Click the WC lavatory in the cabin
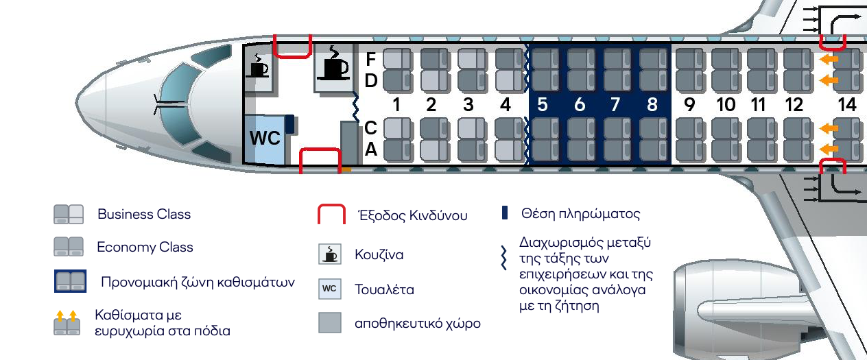(x=265, y=139)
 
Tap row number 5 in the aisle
(x=543, y=105)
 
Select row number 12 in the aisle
(x=794, y=105)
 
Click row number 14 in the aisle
(x=847, y=105)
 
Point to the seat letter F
(x=371, y=59)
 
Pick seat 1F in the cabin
(x=396, y=59)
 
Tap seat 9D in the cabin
(x=689, y=81)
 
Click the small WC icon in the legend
(x=329, y=289)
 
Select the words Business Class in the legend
(x=144, y=214)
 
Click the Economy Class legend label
(x=145, y=248)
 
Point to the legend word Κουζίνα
(x=379, y=255)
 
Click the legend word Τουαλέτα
(x=384, y=289)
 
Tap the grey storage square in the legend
(x=329, y=323)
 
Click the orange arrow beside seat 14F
(x=830, y=60)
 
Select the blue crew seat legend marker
(x=505, y=213)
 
